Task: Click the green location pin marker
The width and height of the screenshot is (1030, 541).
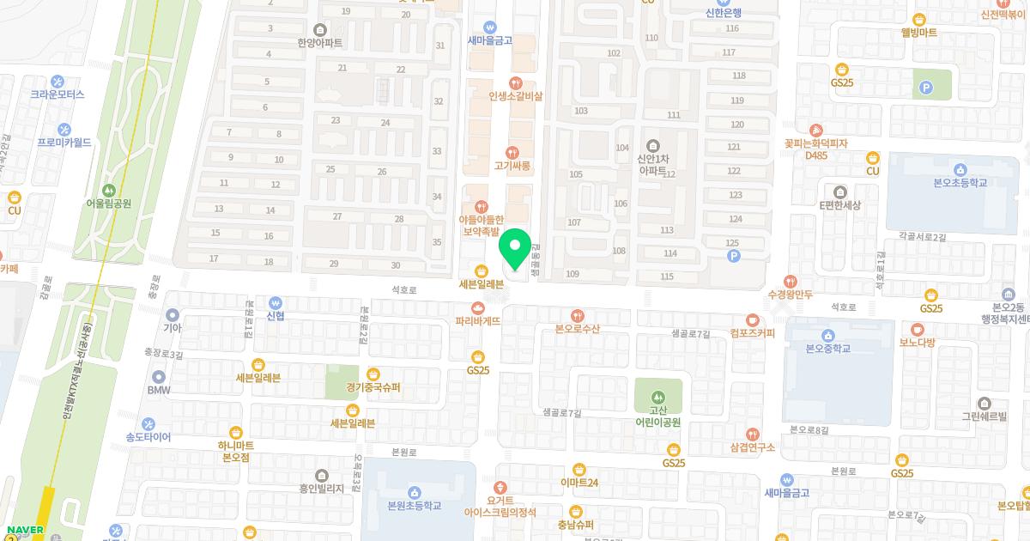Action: pos(515,250)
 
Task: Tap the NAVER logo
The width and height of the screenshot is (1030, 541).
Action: pos(25,529)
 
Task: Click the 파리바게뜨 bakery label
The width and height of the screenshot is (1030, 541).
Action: pos(478,320)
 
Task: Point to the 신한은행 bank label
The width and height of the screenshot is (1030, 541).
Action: pos(723,13)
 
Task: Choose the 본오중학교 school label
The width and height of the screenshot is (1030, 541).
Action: pos(828,349)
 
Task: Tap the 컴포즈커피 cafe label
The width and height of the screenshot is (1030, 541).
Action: pos(753,332)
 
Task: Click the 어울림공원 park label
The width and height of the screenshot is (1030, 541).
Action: pos(108,204)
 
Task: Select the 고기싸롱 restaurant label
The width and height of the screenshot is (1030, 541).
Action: pos(513,165)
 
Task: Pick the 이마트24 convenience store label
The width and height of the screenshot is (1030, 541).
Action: pos(579,482)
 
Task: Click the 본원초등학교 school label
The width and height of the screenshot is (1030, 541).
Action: pos(414,505)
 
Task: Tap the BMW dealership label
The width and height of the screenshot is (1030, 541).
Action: pos(159,390)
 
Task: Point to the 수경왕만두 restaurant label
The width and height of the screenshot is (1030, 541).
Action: pos(790,294)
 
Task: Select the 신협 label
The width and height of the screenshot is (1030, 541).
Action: pos(276,315)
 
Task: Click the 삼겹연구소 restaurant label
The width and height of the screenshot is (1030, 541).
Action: pos(753,447)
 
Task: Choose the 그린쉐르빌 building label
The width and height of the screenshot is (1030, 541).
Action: pos(984,416)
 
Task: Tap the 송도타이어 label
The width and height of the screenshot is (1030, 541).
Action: pos(148,437)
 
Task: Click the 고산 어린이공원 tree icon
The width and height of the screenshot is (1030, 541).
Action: pos(658,398)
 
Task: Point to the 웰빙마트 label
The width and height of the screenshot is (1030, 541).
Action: pos(918,33)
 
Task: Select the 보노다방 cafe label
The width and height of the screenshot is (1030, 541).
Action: pos(917,342)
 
